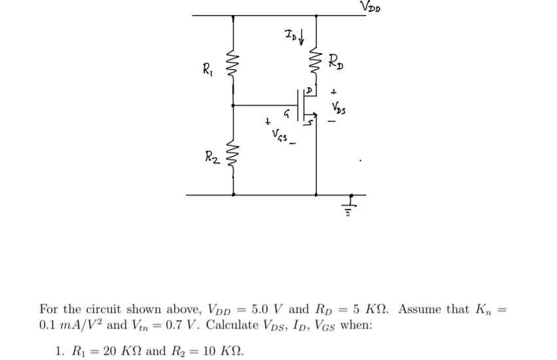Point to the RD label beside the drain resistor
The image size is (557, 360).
coord(337,62)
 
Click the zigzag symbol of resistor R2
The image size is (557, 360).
coord(234,158)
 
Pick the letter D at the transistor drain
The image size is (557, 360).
coord(312,88)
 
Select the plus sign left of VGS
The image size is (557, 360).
coord(266,122)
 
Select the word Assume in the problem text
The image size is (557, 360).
coord(418,309)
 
